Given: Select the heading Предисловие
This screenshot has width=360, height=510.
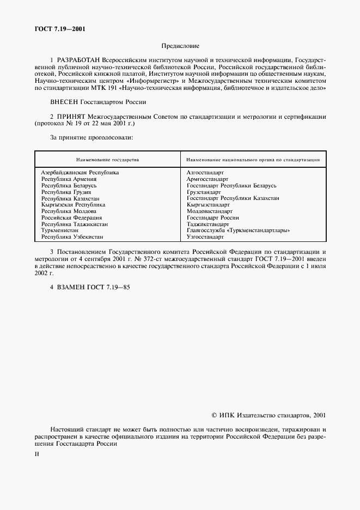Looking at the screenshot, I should (180, 46).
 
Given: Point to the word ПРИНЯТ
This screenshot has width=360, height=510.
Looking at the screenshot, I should (70, 116).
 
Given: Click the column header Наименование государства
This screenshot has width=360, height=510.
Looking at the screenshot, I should (107, 160).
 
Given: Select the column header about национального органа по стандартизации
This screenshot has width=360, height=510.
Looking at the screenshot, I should (252, 160).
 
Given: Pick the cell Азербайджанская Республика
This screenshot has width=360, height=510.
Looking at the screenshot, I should (80, 172).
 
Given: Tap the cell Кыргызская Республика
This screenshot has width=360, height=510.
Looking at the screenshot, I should (73, 204).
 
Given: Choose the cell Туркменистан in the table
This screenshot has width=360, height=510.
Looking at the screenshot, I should (60, 230).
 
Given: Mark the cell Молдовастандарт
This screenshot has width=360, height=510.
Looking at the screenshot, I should (209, 211).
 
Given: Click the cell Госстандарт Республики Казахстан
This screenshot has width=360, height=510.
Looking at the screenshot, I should (233, 198).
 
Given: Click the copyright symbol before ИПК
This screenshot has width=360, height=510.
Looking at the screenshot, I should (215, 415).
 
